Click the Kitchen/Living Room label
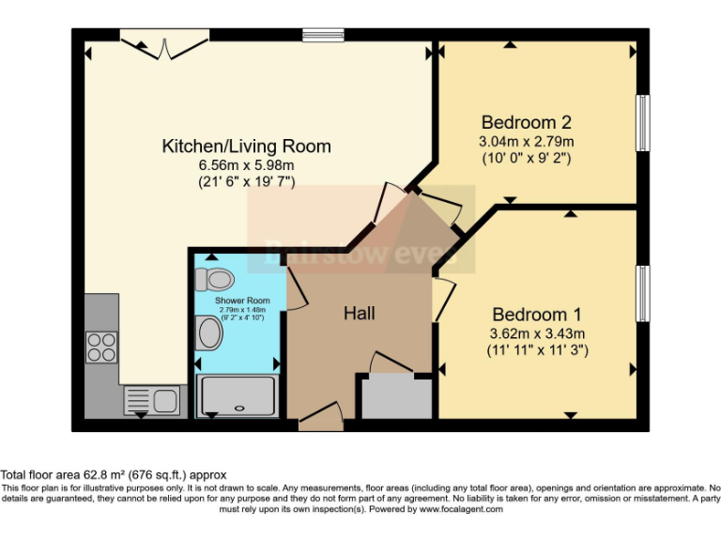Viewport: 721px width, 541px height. [247, 147]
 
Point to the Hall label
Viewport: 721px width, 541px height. [359, 313]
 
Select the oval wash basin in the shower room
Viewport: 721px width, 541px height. [210, 332]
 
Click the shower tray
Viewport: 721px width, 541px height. [238, 395]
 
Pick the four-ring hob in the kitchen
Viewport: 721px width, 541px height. [102, 348]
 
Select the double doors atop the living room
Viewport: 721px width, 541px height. [164, 41]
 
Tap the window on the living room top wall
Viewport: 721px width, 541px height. [323, 36]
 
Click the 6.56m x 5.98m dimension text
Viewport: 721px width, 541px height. [246, 165]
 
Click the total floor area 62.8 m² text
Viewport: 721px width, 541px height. [114, 475]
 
